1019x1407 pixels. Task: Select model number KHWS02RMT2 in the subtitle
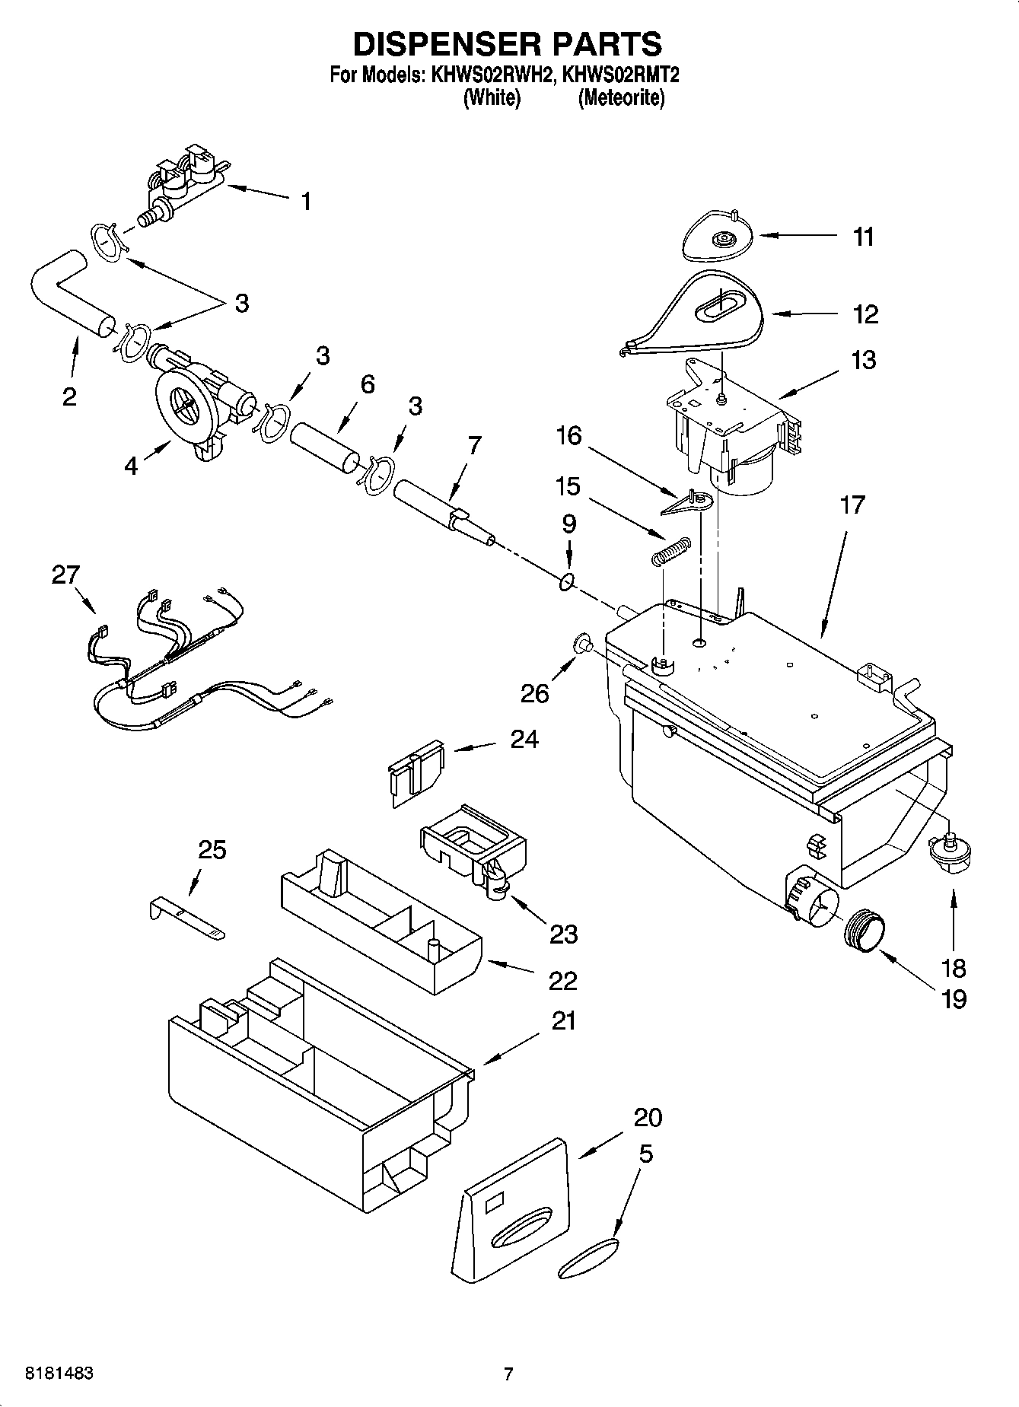(620, 75)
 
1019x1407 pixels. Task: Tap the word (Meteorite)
(621, 98)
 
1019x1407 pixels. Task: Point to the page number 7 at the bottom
(508, 1374)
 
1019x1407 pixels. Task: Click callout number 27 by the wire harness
(65, 575)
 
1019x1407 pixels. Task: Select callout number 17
(852, 505)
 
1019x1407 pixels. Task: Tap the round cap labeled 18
(947, 851)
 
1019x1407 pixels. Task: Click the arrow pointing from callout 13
(808, 385)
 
